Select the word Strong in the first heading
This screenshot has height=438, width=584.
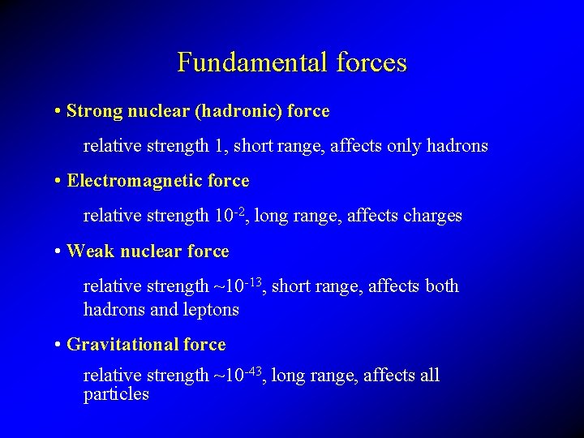coord(93,111)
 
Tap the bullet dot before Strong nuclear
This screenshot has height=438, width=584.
coord(59,112)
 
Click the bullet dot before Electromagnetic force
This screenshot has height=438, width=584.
coord(59,182)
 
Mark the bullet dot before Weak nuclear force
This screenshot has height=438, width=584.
coord(59,252)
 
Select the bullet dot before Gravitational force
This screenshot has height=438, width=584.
coord(59,346)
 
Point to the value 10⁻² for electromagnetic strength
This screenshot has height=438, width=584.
coord(230,215)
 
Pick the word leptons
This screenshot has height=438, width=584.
coord(213,310)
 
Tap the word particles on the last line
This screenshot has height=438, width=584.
coord(116,395)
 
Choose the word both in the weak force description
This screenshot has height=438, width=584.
coord(441,286)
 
